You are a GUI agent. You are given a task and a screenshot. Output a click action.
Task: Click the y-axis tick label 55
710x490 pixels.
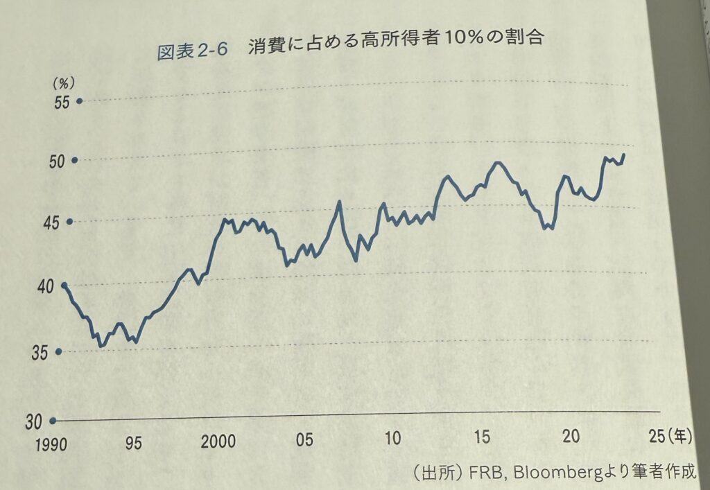pos(62,102)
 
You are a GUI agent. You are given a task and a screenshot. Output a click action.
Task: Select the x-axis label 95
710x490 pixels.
pos(134,443)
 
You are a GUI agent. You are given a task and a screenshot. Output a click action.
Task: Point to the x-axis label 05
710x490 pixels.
pos(304,441)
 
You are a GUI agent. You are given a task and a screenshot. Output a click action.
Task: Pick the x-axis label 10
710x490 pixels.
pos(392,439)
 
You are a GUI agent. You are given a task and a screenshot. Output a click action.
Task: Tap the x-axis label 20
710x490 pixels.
pos(571,437)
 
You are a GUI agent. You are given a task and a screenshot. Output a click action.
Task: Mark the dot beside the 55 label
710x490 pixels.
pos(79,101)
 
